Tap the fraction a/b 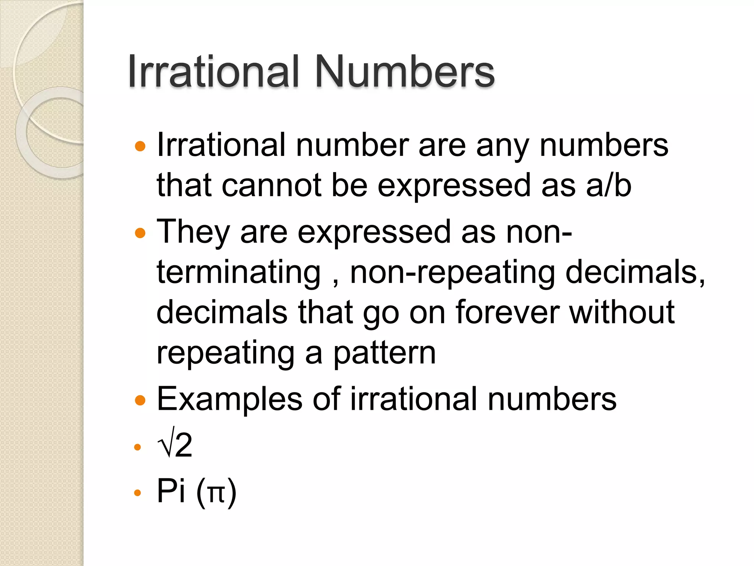[609, 185]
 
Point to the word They [193, 232]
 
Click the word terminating [239, 273]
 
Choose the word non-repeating [452, 273]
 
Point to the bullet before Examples [140, 400]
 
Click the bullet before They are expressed [140, 233]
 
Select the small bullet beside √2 [138, 447]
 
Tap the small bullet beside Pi [138, 493]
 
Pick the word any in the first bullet [503, 146]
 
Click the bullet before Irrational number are [140, 146]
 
